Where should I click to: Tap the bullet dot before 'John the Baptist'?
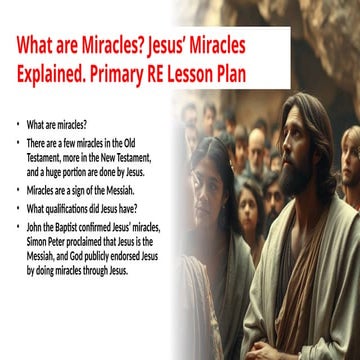pos(18,229)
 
